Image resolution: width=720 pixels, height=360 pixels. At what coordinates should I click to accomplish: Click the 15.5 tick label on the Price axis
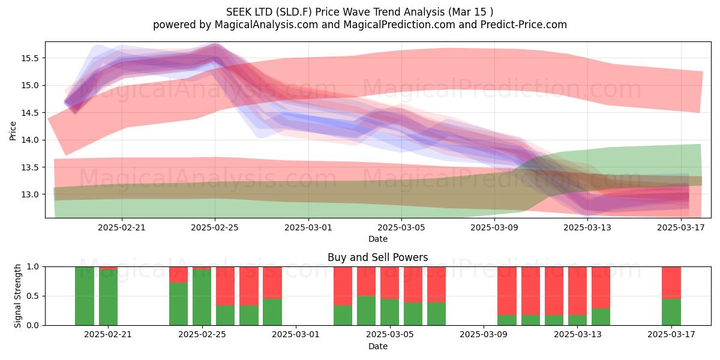30,58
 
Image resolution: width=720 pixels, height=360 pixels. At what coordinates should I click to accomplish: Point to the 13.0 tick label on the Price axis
30,194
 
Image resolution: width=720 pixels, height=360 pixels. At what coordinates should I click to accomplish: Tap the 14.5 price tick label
30,113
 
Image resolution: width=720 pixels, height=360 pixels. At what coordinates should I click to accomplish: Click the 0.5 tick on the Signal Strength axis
32,296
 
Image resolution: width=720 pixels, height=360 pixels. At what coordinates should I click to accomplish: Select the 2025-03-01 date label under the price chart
308,227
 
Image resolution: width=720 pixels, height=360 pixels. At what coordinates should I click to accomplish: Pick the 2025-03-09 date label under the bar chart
484,334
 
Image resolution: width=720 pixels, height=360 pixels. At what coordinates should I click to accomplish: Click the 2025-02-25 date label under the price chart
215,227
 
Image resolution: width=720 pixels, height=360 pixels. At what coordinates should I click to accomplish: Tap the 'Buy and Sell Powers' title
377,257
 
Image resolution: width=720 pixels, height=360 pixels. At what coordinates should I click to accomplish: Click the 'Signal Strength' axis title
17,296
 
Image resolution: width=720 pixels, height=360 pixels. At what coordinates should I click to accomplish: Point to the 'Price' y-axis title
13,131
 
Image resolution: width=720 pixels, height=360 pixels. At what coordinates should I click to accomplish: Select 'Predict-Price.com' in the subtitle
524,25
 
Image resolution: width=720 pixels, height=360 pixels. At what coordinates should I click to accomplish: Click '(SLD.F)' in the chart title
293,12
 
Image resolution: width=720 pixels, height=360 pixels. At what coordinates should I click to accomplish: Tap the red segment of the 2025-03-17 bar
671,283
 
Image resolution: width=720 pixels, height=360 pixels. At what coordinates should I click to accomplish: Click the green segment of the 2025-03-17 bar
671,312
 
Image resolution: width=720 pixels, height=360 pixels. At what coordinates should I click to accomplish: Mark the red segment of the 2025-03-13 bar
577,291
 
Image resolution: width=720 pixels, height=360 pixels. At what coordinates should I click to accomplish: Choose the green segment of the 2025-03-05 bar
389,312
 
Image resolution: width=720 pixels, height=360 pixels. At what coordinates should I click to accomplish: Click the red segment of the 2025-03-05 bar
389,283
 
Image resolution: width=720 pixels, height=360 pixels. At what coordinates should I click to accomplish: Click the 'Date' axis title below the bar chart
377,346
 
